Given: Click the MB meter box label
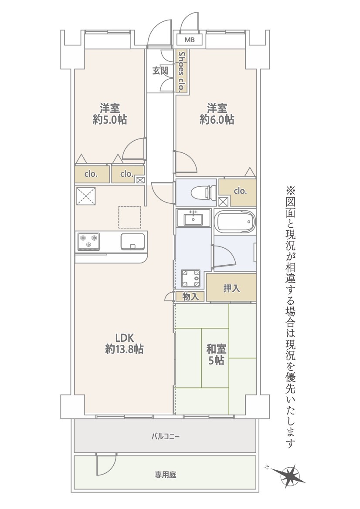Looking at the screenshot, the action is [x=190, y=40].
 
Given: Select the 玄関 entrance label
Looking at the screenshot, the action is [x=160, y=71].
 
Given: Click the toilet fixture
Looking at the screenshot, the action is [x=204, y=192].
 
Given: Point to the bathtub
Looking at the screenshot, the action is [x=234, y=221].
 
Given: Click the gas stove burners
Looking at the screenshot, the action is [x=88, y=242].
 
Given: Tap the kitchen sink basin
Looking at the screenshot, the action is [x=132, y=242].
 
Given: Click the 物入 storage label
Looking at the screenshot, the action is [x=190, y=297].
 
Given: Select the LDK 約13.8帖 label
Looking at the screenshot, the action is [x=124, y=344].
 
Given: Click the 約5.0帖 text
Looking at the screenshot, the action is [x=110, y=120].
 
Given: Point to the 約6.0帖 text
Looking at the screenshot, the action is [x=217, y=120].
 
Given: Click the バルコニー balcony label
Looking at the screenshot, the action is [x=165, y=436].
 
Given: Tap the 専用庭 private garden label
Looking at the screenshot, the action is [x=165, y=475].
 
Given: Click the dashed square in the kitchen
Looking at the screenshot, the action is [x=129, y=217].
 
